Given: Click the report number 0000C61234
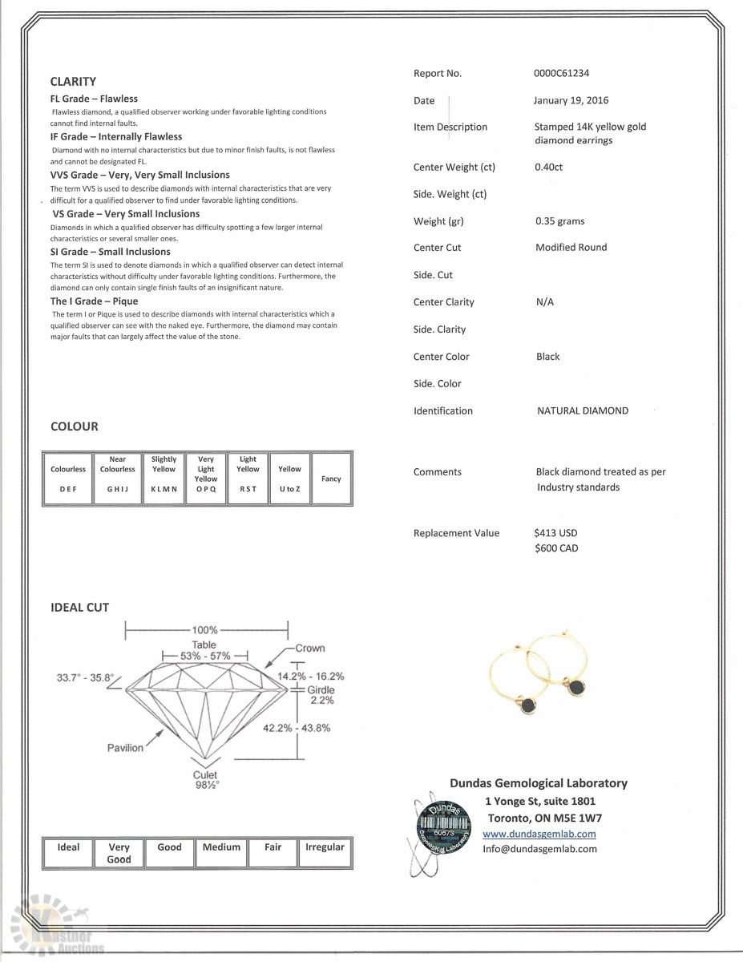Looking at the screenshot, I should pos(561,73).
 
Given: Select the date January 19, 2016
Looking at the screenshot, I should pos(571,100).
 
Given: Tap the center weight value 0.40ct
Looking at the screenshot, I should pos(549,168).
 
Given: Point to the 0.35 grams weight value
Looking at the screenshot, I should pos(559,220).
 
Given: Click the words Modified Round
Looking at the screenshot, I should pos(571,248).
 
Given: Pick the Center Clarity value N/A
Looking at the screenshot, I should pos(544,302).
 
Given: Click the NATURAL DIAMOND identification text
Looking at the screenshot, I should pos(582,410).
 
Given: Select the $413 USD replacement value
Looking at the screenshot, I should pos(555,533).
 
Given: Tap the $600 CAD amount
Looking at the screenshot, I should pos(555,548).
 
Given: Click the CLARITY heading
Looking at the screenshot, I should pos(73,81).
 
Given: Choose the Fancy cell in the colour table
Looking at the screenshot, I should pos(331,479).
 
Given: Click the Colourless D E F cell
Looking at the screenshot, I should pos(68,479).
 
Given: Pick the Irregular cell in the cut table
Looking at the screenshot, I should pos(325,852).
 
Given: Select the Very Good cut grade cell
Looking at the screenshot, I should pos(119,853).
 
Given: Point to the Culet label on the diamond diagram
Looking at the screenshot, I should pos(205,775).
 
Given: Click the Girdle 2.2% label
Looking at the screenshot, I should pos(321,694).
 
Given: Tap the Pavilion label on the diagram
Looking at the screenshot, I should pos(125,748).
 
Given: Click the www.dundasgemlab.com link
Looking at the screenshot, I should pos(539,834).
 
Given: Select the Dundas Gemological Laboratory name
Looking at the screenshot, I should pos(538,783).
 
